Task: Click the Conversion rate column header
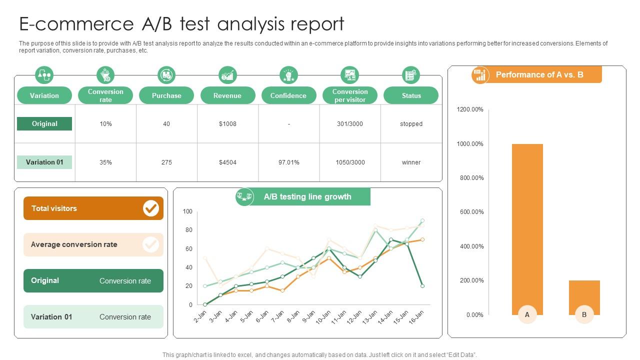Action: (x=105, y=95)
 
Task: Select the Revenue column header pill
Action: (x=227, y=95)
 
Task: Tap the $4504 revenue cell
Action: (x=227, y=162)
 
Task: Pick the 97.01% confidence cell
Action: (x=288, y=162)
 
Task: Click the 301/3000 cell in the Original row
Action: (x=350, y=124)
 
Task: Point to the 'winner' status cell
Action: (x=411, y=162)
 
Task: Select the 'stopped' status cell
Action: (x=411, y=124)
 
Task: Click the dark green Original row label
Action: (x=44, y=124)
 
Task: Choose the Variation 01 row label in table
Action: (x=44, y=162)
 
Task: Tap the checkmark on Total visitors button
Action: (x=150, y=208)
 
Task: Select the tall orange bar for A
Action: (x=527, y=225)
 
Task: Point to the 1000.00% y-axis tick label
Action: (x=470, y=144)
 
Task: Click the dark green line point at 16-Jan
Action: (x=422, y=286)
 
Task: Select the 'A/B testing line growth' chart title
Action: (x=307, y=197)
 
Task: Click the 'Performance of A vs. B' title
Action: (x=539, y=75)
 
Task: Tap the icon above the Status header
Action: (x=410, y=75)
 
